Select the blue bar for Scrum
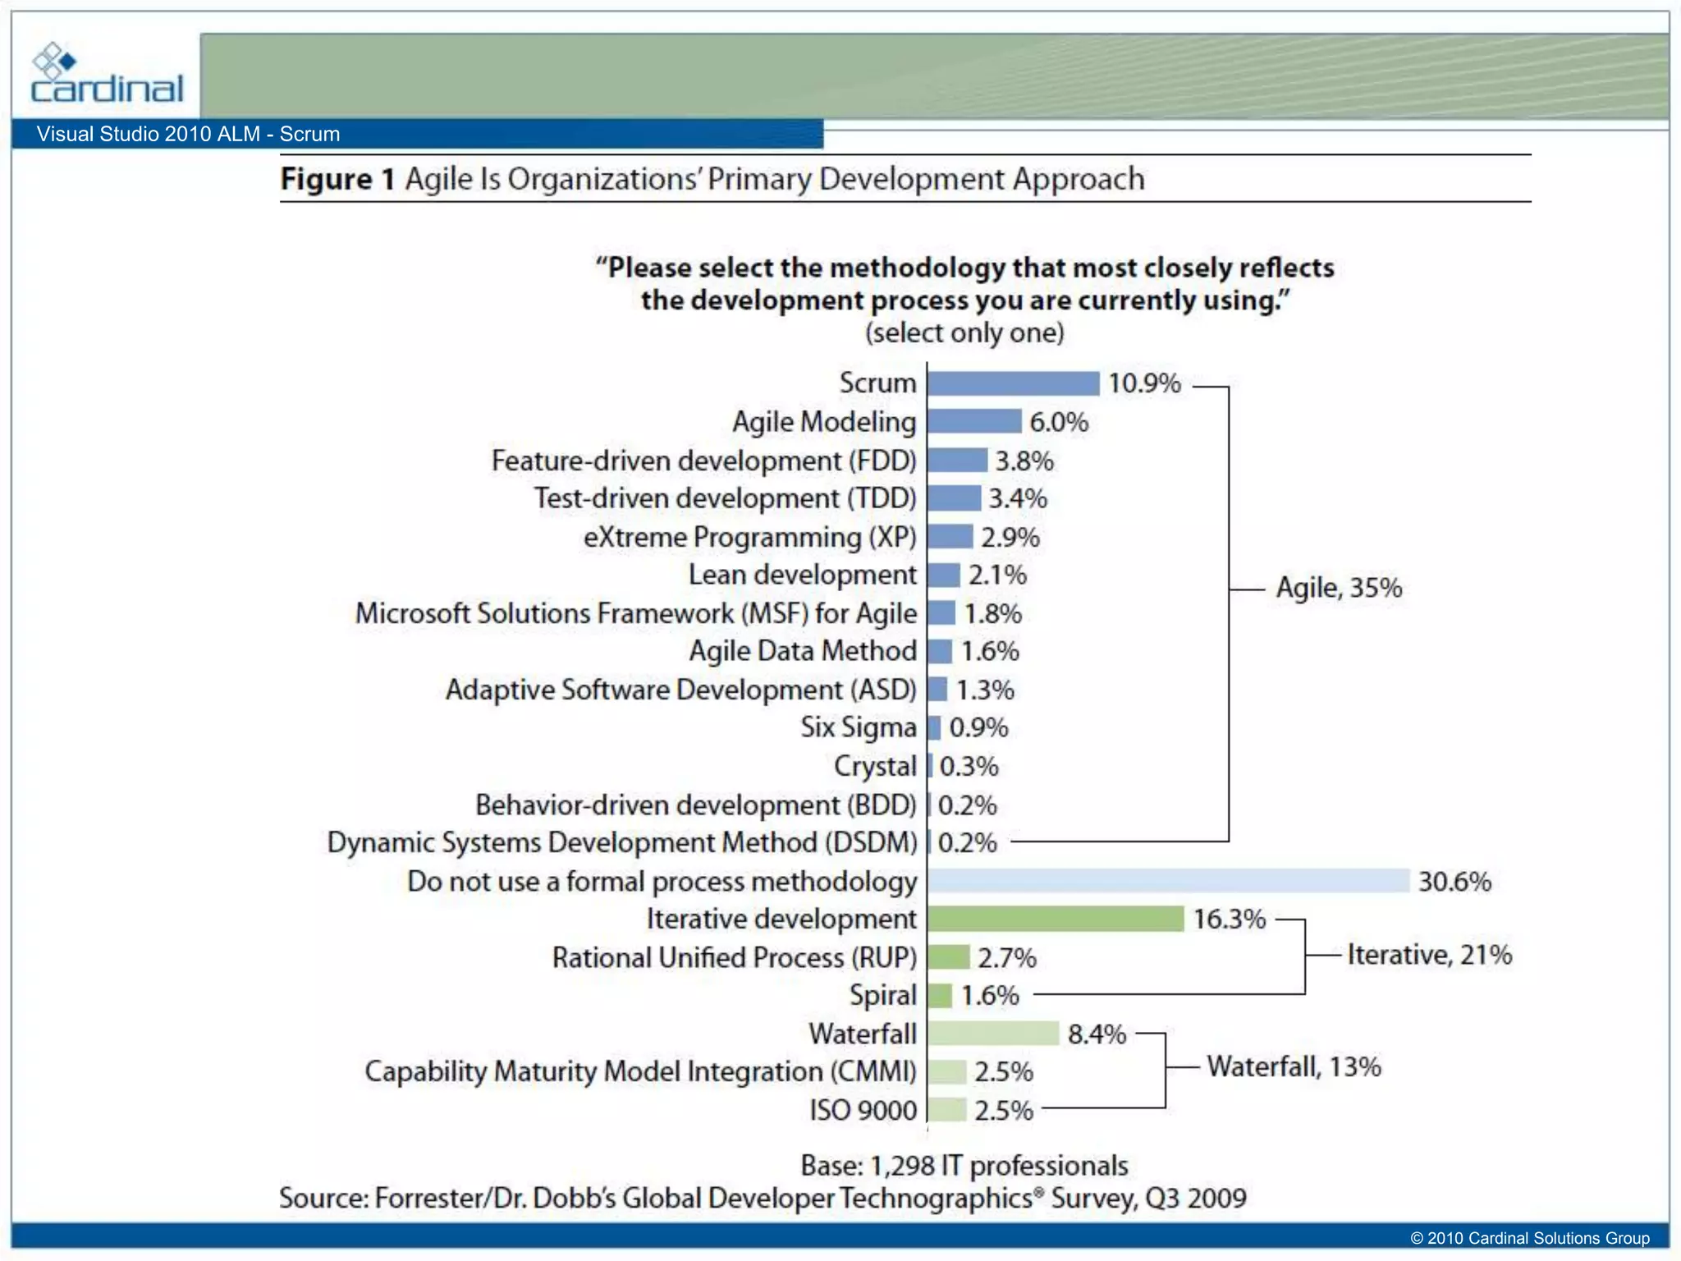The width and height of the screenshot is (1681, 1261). pos(1013,383)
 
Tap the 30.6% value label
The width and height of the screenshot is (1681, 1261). pos(1454,882)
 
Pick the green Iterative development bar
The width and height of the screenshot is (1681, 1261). pos(1056,919)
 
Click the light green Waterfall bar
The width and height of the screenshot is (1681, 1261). pos(993,1034)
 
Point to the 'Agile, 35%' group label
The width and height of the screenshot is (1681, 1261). pos(1339,588)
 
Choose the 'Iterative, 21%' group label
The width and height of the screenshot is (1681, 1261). pos(1429,955)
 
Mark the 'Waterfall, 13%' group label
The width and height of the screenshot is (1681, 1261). pos(1294,1066)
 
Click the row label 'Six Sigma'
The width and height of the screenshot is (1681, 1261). pos(859,727)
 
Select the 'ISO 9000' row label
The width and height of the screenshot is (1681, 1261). pos(863,1110)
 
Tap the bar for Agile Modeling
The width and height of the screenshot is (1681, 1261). pos(974,422)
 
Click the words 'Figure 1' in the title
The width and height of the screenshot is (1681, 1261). pos(337,179)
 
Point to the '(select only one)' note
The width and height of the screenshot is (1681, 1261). pos(964,332)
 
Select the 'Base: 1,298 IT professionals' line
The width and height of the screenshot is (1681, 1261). pos(964,1166)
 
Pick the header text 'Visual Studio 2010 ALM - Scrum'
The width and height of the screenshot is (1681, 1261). pos(188,134)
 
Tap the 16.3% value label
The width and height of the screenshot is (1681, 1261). pos(1229,919)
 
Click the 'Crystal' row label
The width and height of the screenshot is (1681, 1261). pos(875,766)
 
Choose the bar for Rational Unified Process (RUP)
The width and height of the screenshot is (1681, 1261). pos(949,957)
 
